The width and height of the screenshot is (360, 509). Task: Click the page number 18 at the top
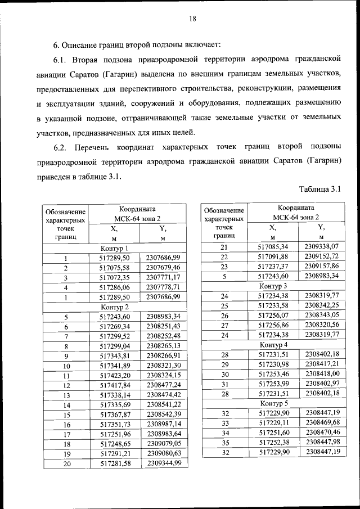(x=192, y=19)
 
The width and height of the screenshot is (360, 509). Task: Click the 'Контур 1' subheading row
(x=114, y=248)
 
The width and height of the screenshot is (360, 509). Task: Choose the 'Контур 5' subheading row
(x=274, y=403)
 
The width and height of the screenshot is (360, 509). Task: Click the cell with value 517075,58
(x=114, y=267)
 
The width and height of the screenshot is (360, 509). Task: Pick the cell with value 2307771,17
(x=163, y=277)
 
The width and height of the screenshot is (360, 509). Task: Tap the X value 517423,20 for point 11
(x=114, y=375)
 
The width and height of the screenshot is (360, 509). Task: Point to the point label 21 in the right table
(x=224, y=247)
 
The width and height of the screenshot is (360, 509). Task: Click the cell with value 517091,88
(x=273, y=257)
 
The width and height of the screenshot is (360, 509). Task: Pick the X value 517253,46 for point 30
(x=273, y=373)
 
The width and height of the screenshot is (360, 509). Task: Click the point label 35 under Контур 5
(x=224, y=442)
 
